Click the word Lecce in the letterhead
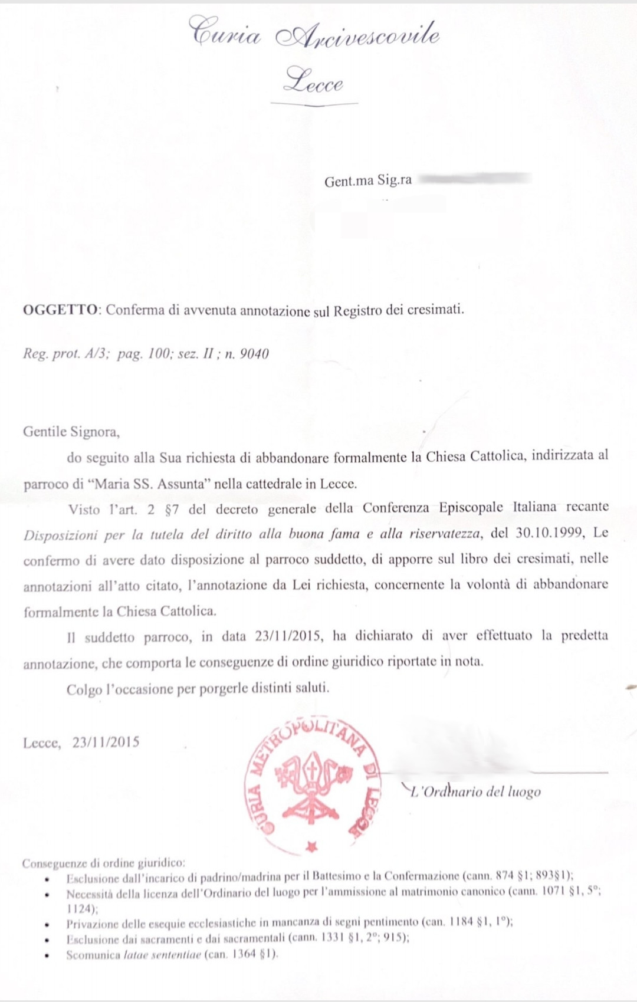coord(313,81)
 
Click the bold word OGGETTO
coord(60,310)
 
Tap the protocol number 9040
coord(254,354)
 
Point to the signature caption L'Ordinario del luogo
coord(475,791)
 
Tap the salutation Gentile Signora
coord(71,432)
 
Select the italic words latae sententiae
coord(162,955)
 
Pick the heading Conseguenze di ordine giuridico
coord(103,863)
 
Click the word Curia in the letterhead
coord(224,34)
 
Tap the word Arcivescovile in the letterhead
coord(358,35)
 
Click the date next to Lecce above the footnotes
coord(106,742)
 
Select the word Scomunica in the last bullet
coord(93,955)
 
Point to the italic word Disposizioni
coord(60,536)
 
